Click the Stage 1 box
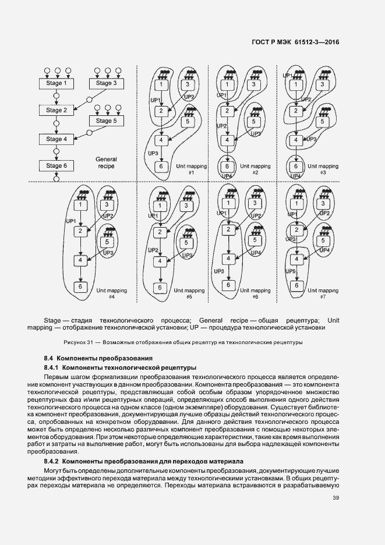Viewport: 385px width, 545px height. click(56, 83)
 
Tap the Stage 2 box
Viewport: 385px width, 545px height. click(56, 110)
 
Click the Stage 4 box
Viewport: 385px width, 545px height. click(56, 139)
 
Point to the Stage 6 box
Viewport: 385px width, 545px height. click(56, 166)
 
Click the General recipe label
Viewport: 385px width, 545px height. click(105, 162)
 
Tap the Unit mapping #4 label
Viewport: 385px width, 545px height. click(111, 293)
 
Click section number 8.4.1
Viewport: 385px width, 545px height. click(51, 367)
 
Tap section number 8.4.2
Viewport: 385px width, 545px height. click(51, 461)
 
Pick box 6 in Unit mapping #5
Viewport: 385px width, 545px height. click(158, 288)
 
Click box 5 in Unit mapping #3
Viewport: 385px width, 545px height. click(322, 122)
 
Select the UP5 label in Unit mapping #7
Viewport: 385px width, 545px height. click(291, 271)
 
